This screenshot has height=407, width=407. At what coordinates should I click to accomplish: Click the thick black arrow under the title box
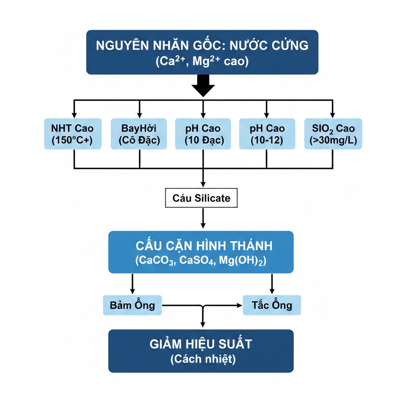coord(203,85)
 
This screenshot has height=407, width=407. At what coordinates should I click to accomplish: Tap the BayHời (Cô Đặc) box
coord(139,134)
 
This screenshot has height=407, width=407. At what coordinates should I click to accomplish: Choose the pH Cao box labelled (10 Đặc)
coord(203,134)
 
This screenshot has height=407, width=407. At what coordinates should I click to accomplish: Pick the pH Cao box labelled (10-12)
coord(267,134)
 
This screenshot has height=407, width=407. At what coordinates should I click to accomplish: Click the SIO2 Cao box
coord(333,134)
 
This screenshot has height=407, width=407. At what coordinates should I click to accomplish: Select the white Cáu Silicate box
coord(201,198)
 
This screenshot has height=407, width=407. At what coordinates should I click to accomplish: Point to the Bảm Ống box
coord(132,305)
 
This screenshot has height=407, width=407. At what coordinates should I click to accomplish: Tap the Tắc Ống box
coord(272,305)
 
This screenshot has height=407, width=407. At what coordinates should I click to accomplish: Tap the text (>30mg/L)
coord(333,140)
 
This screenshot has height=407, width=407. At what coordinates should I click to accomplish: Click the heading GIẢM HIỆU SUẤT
coord(201,344)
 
